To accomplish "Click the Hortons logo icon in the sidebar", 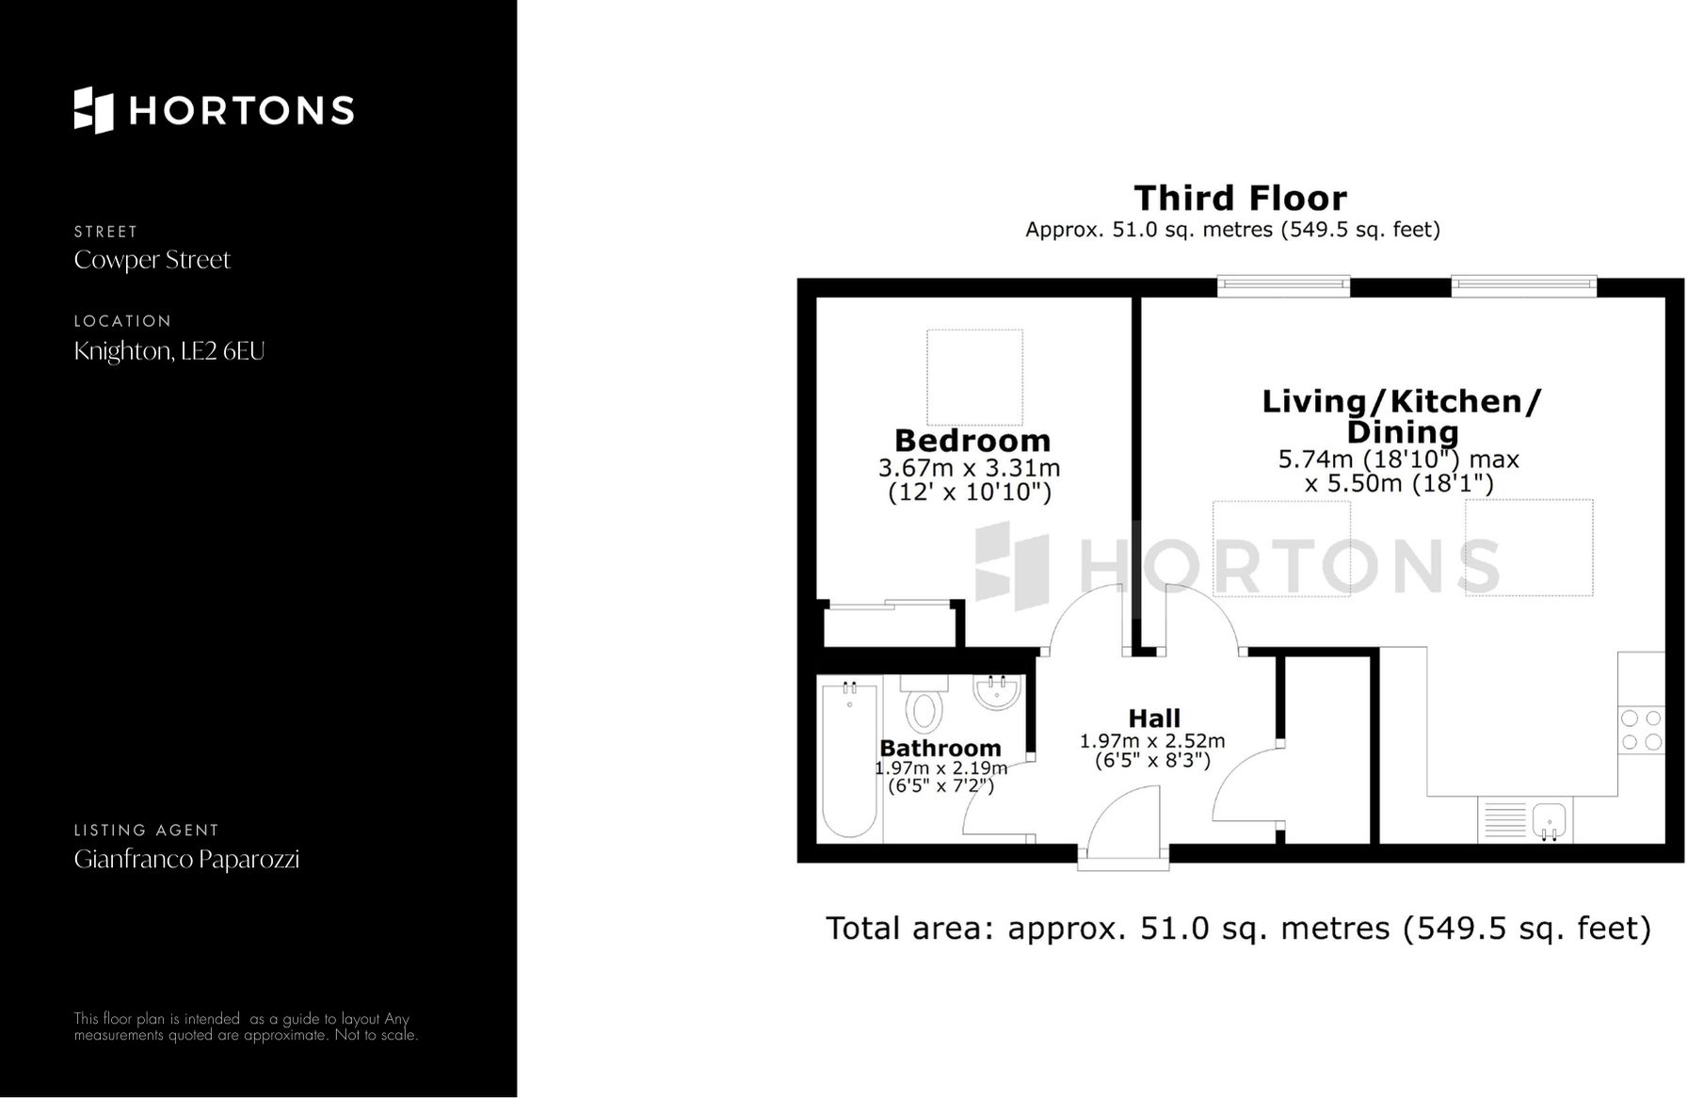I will [94, 110].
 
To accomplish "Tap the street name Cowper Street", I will [152, 260].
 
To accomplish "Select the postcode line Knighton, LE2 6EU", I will [169, 351].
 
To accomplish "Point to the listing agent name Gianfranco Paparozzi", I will [186, 859].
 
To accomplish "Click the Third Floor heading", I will [1240, 199].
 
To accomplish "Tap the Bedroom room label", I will [972, 440].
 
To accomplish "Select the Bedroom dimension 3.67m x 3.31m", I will [969, 468].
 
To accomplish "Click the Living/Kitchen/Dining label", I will [1401, 416].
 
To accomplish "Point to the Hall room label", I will [1153, 719].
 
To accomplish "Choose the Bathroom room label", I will [940, 748].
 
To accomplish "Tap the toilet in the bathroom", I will [923, 705].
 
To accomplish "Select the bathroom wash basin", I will [996, 693].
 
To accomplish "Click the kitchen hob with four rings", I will [1641, 730].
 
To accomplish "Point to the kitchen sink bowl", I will [1549, 818].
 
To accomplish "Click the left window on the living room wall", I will [1283, 286].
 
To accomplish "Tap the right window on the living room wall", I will [1523, 286].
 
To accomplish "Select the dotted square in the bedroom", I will [974, 377].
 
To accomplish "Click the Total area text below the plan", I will [1238, 928].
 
